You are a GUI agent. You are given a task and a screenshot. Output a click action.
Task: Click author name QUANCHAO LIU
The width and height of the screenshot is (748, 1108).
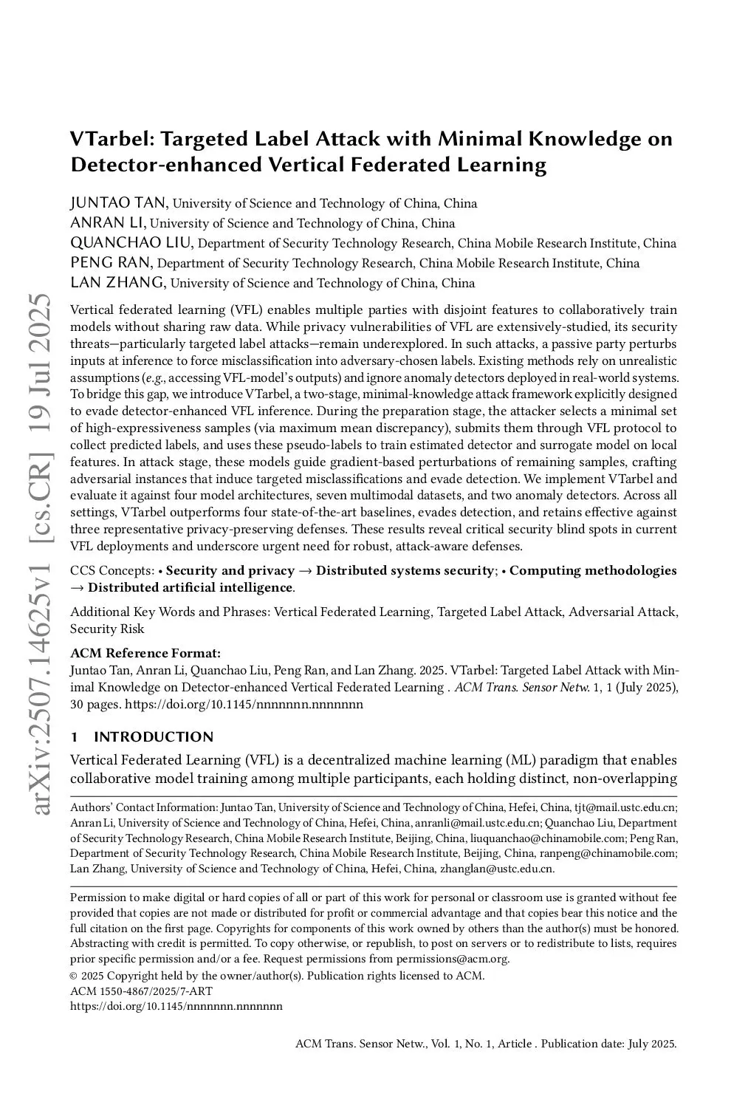[x=131, y=243]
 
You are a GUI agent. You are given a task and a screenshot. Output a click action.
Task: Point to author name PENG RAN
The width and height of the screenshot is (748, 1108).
[x=111, y=263]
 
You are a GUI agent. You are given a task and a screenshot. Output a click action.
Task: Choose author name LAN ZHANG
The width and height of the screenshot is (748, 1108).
[x=117, y=283]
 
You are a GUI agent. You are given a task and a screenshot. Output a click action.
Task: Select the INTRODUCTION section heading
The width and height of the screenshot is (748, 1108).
[x=154, y=736]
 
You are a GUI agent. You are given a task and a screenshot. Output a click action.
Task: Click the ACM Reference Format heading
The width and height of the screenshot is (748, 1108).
[x=145, y=653]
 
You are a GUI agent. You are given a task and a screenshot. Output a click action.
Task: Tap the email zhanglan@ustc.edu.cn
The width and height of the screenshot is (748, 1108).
[x=496, y=869]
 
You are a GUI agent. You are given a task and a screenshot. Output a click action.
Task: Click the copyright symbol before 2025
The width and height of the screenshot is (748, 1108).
[x=74, y=976]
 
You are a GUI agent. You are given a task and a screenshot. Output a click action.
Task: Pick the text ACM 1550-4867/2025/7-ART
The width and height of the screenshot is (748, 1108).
[x=130, y=991]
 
